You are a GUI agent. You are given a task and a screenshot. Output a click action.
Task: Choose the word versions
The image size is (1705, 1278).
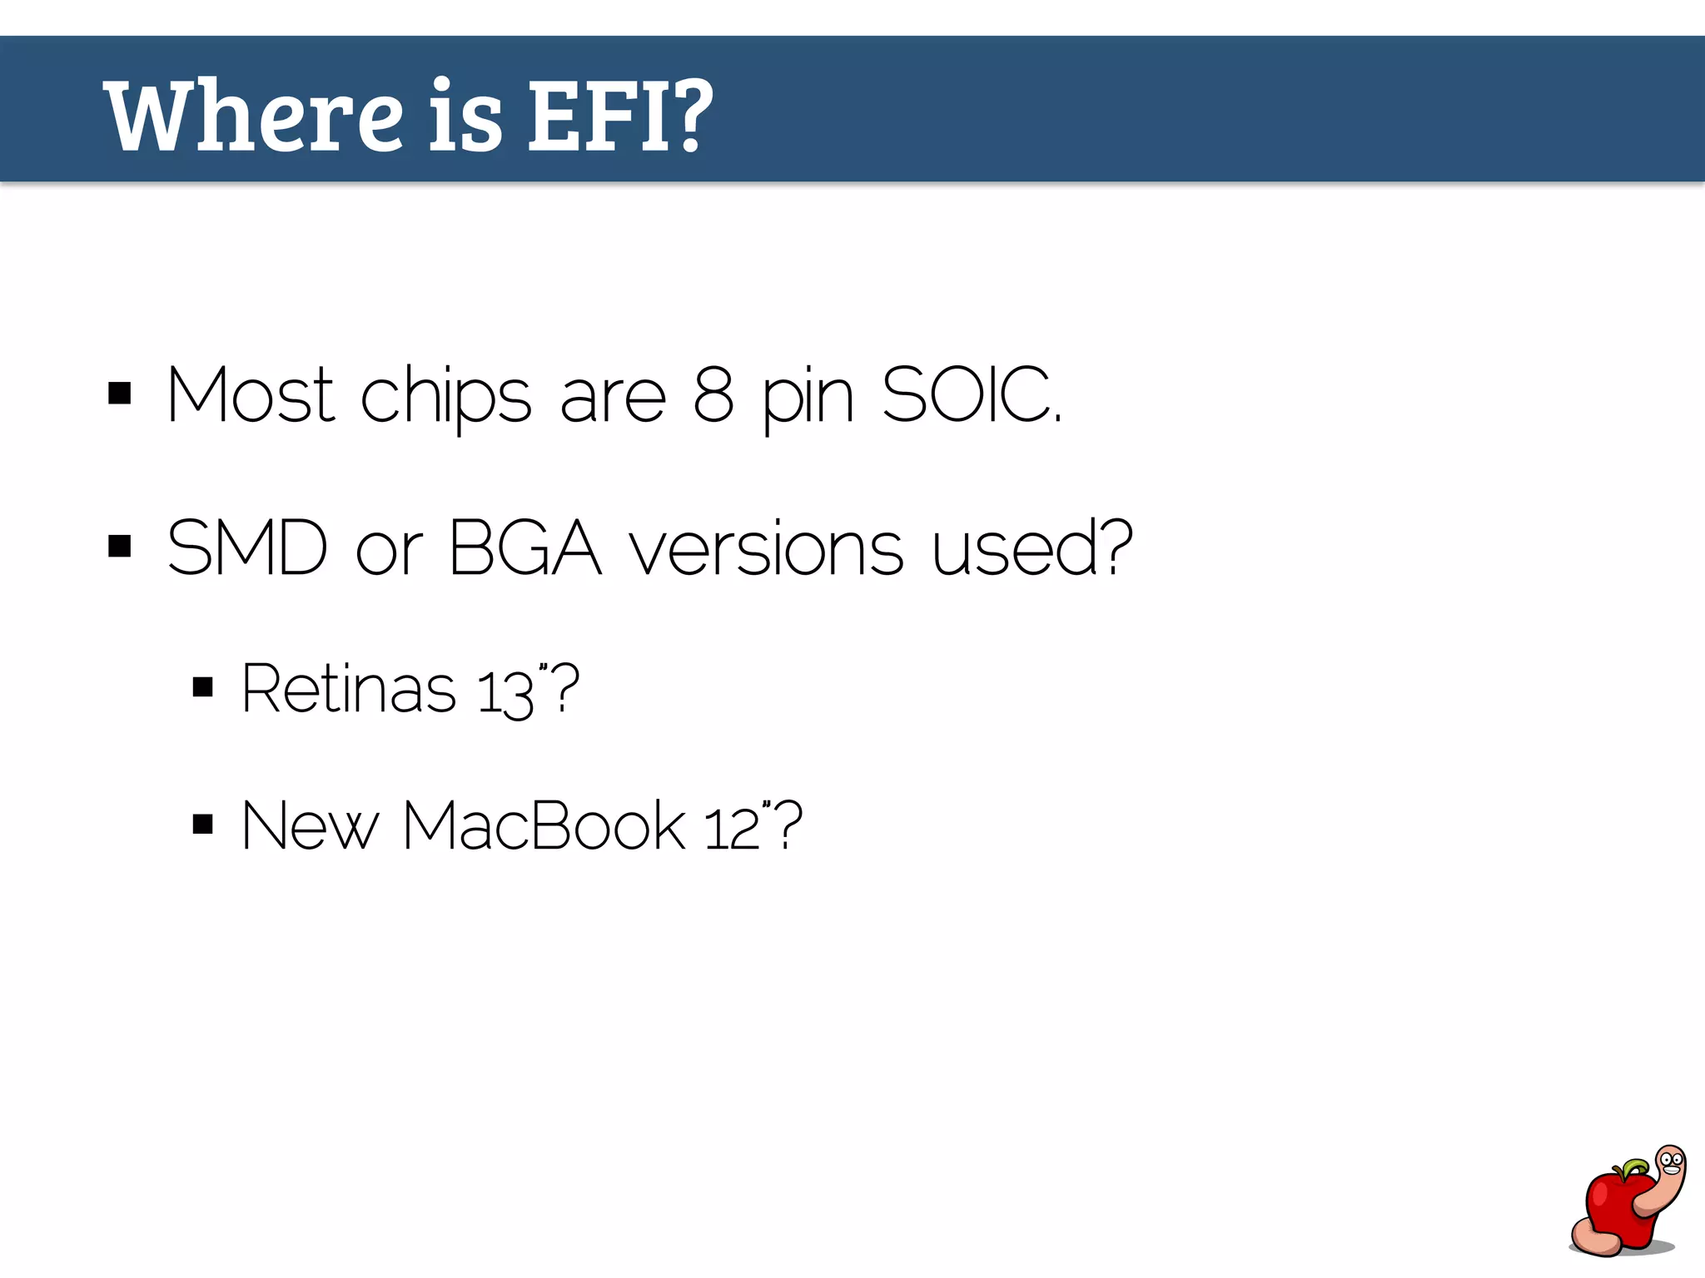(x=766, y=549)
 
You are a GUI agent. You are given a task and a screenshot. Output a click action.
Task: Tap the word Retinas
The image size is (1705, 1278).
(x=349, y=688)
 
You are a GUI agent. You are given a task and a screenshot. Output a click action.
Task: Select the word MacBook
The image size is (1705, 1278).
(x=544, y=825)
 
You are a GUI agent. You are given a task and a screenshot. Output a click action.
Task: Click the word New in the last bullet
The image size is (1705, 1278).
(x=310, y=825)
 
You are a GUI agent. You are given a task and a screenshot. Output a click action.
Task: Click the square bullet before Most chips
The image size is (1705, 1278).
(x=120, y=393)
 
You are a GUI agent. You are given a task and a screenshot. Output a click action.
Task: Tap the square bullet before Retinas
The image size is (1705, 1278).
(x=202, y=688)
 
